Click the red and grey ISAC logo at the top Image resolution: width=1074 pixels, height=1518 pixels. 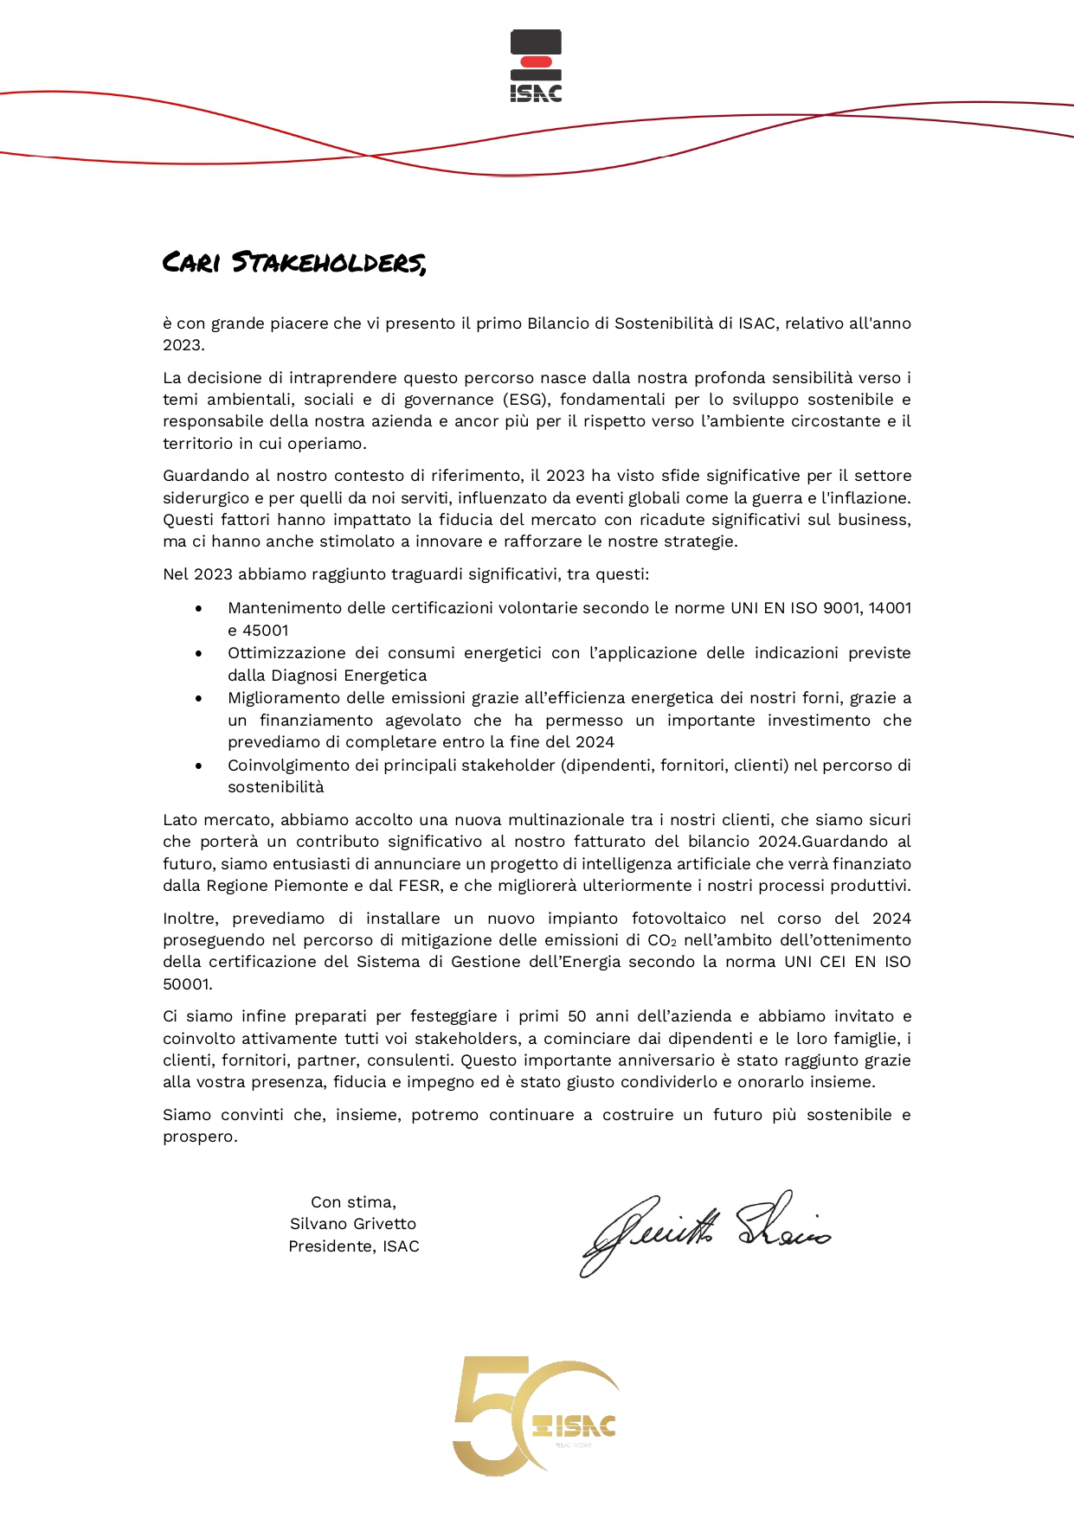click(x=536, y=66)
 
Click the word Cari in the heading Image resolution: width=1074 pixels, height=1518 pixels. click(x=191, y=261)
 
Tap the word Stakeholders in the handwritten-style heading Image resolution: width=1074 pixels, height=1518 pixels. click(x=329, y=261)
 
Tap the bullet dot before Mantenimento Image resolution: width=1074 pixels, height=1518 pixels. click(x=199, y=609)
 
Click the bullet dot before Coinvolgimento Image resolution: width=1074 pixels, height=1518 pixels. click(x=199, y=765)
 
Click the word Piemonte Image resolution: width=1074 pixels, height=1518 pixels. click(x=327, y=886)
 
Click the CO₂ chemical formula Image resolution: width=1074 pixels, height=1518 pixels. click(x=662, y=940)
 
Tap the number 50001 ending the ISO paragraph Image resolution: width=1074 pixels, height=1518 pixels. click(x=187, y=984)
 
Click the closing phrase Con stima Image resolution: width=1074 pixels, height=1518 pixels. click(x=353, y=1202)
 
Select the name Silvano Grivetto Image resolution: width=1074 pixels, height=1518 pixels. click(x=353, y=1224)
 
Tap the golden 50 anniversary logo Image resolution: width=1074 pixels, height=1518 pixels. click(x=534, y=1416)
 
